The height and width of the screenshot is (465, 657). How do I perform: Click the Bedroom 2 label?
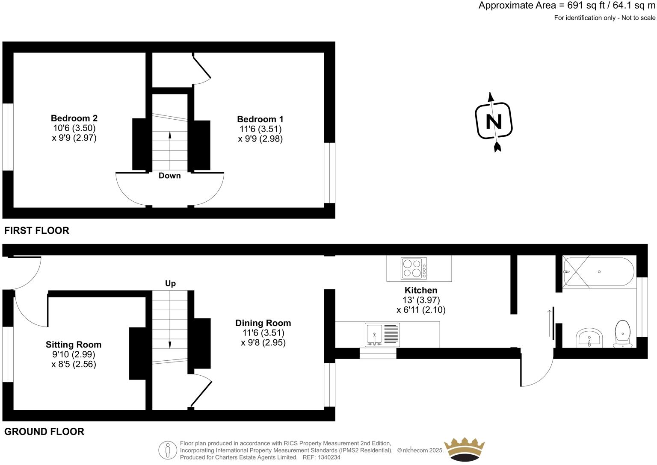tap(74, 118)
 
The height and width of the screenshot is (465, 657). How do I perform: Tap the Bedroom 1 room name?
tap(260, 119)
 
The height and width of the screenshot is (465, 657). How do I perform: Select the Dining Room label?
tap(263, 323)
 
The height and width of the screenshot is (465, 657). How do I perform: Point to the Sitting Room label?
tap(74, 344)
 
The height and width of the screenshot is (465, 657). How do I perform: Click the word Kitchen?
tap(421, 291)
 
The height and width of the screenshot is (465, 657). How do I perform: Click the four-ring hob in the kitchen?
tap(414, 268)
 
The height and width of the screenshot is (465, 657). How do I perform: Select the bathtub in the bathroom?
tap(599, 272)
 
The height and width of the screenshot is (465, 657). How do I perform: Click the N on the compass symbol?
tap(494, 122)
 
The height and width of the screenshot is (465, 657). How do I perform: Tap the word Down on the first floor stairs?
tap(169, 176)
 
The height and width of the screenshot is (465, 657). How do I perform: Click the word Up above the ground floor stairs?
tap(170, 283)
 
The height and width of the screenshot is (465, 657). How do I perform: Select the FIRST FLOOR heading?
tap(37, 231)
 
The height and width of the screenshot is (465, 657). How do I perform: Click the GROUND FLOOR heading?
tap(44, 432)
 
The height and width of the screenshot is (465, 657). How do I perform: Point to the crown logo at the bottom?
tap(464, 450)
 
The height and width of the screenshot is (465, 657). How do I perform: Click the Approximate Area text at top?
tap(566, 6)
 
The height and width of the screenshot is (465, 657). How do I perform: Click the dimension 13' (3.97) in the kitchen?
tap(421, 300)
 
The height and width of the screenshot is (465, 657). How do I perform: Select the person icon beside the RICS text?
tap(168, 450)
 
